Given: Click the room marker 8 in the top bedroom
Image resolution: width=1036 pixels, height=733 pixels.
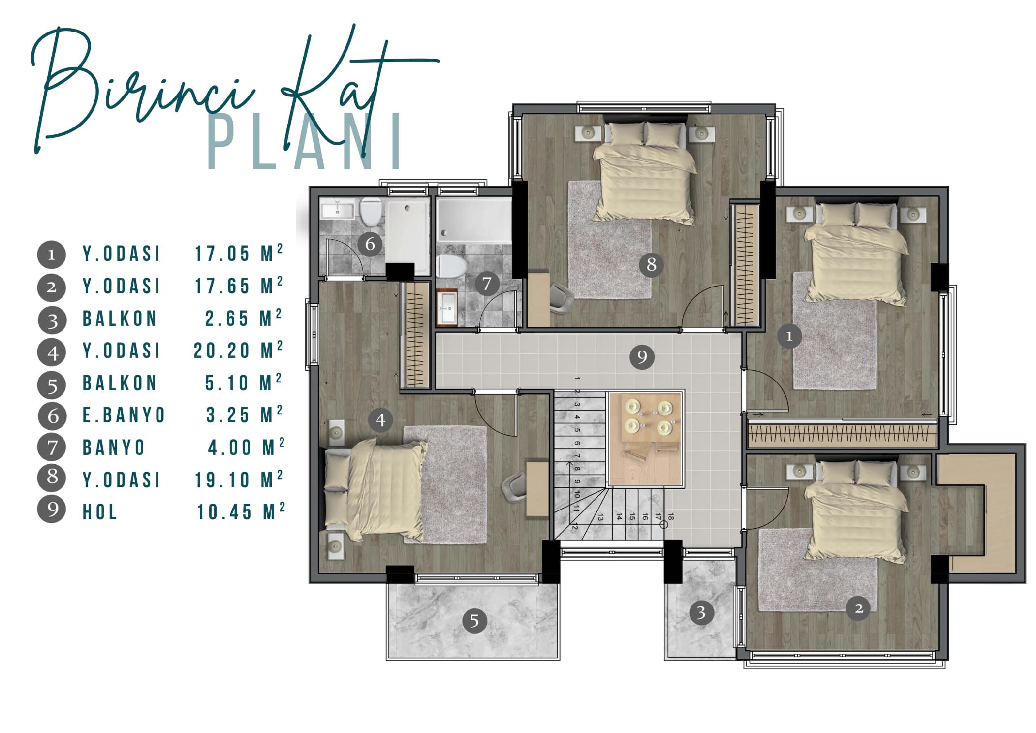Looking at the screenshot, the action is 651,264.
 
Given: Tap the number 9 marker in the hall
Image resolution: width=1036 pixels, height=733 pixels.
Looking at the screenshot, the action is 642,356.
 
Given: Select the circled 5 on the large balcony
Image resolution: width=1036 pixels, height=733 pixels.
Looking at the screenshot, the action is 474,621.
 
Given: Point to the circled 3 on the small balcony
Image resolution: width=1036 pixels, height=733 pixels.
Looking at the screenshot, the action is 701,612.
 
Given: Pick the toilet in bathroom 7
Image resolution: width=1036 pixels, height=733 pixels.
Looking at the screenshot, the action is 451,266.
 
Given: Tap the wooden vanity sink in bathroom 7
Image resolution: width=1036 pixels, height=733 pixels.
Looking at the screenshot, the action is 447,308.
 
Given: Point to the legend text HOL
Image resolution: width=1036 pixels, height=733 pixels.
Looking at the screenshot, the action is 100,512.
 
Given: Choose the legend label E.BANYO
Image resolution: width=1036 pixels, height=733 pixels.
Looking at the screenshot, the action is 124,415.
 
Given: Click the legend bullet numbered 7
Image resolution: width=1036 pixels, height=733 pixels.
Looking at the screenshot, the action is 52,447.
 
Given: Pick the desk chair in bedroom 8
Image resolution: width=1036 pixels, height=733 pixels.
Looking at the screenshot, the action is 561,297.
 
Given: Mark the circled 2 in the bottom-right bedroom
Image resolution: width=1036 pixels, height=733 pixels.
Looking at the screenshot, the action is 858,608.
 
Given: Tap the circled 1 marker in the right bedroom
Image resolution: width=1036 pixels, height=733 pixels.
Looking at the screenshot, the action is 789,336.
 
